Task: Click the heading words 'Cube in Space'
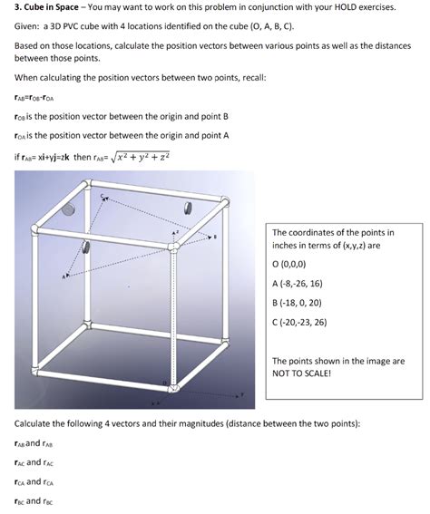54,7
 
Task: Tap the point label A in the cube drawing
64,276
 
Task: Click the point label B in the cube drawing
214,238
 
